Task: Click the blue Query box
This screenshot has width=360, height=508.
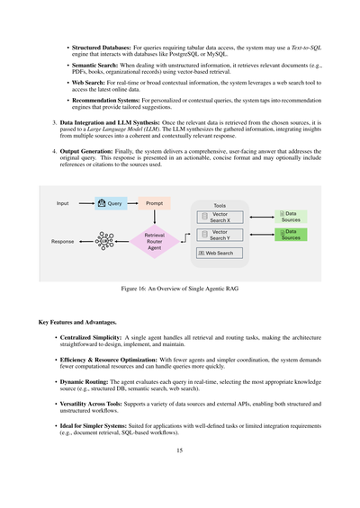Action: [x=112, y=204]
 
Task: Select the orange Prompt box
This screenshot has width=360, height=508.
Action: [x=154, y=204]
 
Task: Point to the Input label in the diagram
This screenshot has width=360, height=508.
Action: [x=62, y=204]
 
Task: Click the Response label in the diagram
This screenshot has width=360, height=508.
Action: [x=62, y=242]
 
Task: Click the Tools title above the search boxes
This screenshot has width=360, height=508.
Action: [x=220, y=205]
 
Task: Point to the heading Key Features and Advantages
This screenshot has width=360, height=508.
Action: [x=78, y=321]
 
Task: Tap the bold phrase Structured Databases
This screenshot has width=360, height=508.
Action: [x=96, y=42]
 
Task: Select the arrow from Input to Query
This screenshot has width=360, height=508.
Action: [x=83, y=204]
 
